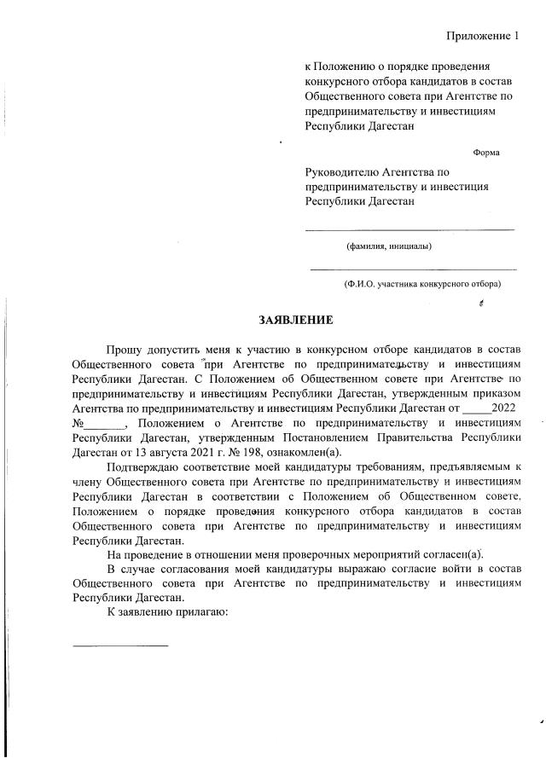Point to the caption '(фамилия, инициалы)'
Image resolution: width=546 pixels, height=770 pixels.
[x=388, y=247]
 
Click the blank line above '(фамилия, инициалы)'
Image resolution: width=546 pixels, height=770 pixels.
[x=409, y=229]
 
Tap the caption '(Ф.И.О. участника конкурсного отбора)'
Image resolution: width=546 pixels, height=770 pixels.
[x=421, y=283]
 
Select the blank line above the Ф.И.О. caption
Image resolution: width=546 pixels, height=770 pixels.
[x=413, y=269]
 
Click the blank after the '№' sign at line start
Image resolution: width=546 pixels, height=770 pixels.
[x=106, y=424]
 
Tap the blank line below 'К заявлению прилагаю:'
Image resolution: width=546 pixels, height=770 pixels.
[x=120, y=644]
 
